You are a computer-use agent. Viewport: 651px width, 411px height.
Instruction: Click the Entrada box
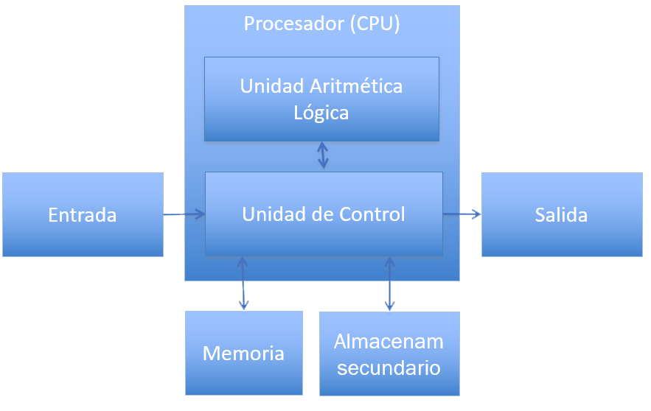point(83,215)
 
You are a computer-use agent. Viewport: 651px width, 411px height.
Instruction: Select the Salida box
point(562,215)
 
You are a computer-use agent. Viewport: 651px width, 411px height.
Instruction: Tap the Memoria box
point(243,353)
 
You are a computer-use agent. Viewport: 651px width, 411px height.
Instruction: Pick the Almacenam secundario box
point(389,354)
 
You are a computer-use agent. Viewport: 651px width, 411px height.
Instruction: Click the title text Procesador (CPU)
point(322,24)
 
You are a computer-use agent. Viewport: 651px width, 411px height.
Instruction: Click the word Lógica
point(321,113)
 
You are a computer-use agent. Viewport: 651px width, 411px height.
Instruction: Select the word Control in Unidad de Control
point(372,214)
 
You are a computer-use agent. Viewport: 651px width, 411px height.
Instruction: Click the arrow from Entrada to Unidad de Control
point(184,214)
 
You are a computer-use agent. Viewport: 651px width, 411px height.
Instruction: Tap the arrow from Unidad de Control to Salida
point(462,214)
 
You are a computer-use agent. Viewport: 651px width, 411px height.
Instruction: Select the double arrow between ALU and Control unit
point(323,155)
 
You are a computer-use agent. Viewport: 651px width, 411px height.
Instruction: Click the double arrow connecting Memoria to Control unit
point(243,283)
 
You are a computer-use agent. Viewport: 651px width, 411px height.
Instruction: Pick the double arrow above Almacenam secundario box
point(390,284)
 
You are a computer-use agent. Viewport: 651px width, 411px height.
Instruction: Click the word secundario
point(389,368)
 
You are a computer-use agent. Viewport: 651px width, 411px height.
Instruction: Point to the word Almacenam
point(389,342)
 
